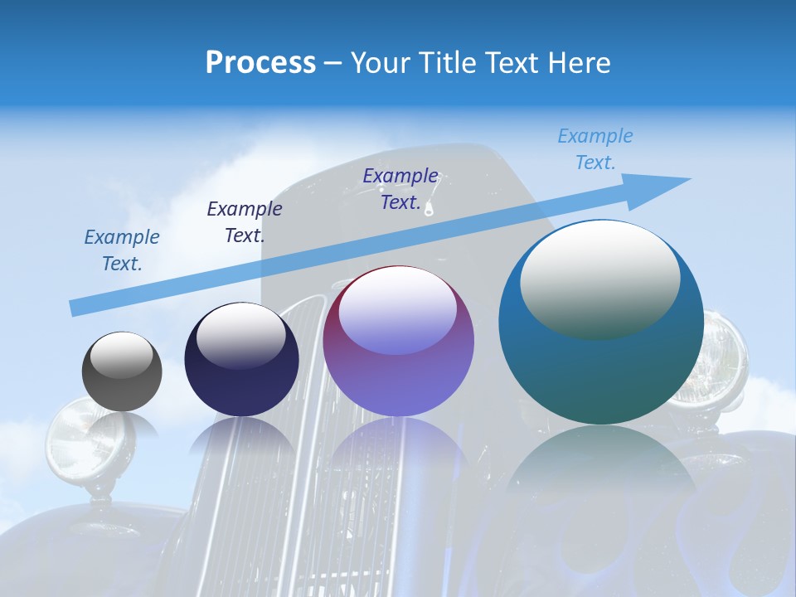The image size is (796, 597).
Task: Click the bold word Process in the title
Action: [x=260, y=63]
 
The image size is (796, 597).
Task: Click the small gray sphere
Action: [x=122, y=372]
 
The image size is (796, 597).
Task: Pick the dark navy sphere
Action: [x=241, y=360]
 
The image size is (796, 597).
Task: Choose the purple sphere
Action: [x=399, y=342]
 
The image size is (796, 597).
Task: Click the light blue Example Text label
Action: [x=595, y=149]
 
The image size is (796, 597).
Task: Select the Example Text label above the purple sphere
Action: [x=400, y=189]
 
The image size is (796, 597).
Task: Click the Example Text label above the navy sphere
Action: [x=245, y=222]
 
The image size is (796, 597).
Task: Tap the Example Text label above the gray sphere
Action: [x=122, y=250]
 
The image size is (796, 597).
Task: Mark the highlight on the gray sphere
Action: [x=122, y=355]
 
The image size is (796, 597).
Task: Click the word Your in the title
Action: [x=380, y=63]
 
